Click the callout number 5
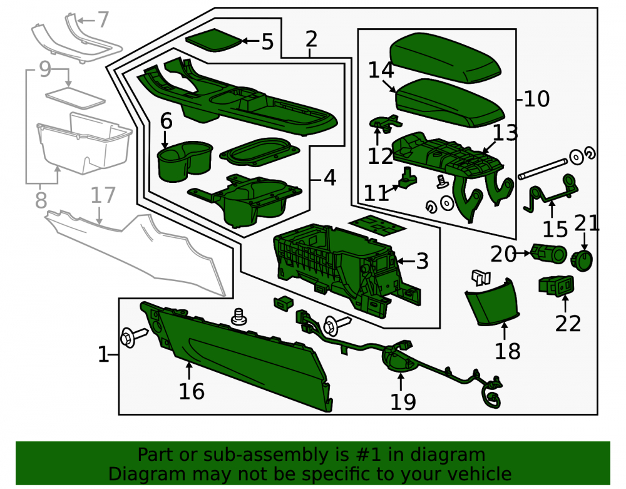267,42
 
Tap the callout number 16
192,391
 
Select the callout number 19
403,402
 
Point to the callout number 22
568,324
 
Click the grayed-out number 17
103,195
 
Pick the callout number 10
536,98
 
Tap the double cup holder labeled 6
185,160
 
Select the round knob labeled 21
582,260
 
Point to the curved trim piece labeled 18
492,302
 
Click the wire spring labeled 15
551,195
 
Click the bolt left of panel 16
134,337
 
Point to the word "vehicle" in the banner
484,474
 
